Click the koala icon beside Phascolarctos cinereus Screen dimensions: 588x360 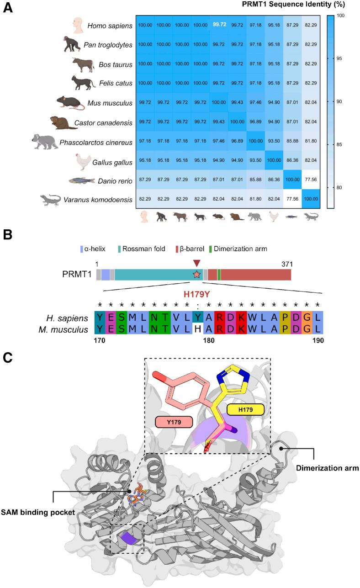click(x=44, y=141)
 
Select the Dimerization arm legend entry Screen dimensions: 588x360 click(x=243, y=249)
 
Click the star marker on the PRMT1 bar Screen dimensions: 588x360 click(x=196, y=275)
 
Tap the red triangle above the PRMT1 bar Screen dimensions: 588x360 click(x=196, y=263)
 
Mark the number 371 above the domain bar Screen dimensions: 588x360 click(x=286, y=264)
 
